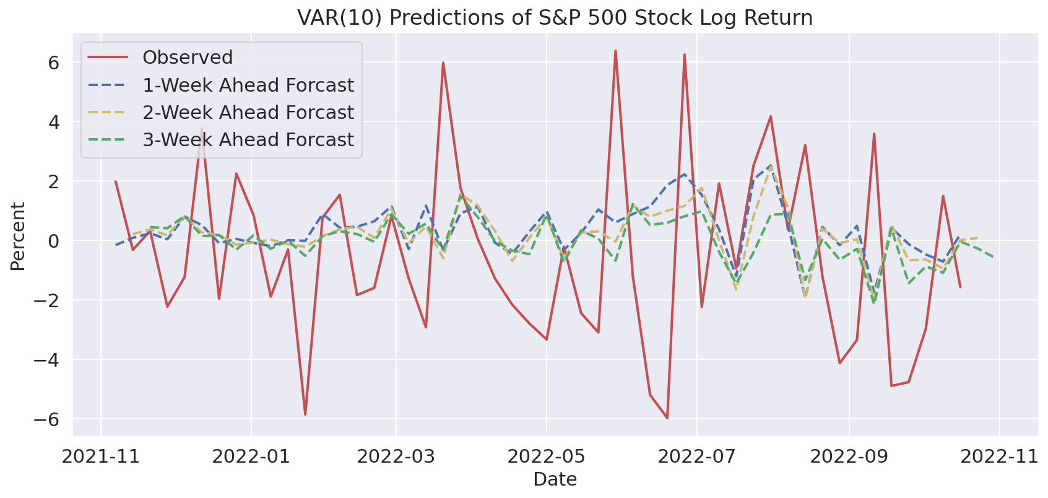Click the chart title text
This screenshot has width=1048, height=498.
coord(555,17)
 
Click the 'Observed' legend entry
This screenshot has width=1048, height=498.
coord(187,58)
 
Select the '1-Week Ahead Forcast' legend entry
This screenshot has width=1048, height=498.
coord(248,85)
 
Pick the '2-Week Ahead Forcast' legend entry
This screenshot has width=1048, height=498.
coord(248,112)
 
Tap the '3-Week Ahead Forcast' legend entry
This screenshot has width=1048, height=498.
coord(248,139)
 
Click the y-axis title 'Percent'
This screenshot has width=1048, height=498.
coord(18,236)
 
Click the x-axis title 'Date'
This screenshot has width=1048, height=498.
coord(555,479)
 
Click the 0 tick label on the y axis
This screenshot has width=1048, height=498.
coord(53,241)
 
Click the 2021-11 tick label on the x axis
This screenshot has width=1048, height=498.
coord(101,456)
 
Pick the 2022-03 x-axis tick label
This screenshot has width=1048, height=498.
coord(396,456)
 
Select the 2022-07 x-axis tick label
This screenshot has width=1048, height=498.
coord(697,456)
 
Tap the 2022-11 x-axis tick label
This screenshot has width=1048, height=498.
coord(1000,456)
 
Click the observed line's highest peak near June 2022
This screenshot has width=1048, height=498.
coord(615,51)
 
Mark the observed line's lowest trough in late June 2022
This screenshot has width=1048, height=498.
coord(667,418)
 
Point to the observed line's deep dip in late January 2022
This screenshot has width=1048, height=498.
coord(305,414)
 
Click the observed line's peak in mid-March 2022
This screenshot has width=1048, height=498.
coord(443,63)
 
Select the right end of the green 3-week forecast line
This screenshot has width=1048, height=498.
coord(994,256)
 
